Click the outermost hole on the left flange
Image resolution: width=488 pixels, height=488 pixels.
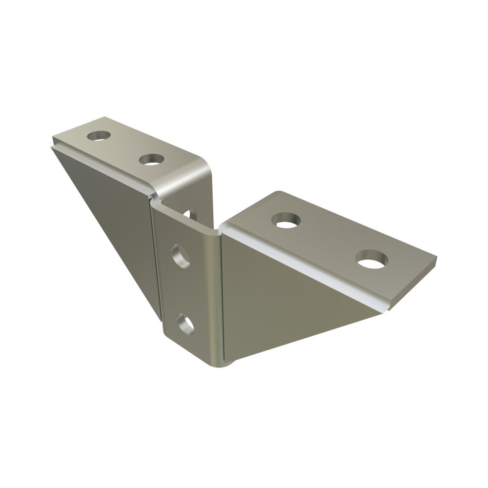point(99,135)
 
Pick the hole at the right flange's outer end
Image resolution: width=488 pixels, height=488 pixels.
point(372,259)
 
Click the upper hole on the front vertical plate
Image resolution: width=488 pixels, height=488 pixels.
point(181,256)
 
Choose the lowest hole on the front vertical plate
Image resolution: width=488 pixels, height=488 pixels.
point(185,324)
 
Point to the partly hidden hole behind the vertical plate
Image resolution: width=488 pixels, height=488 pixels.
point(191,214)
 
